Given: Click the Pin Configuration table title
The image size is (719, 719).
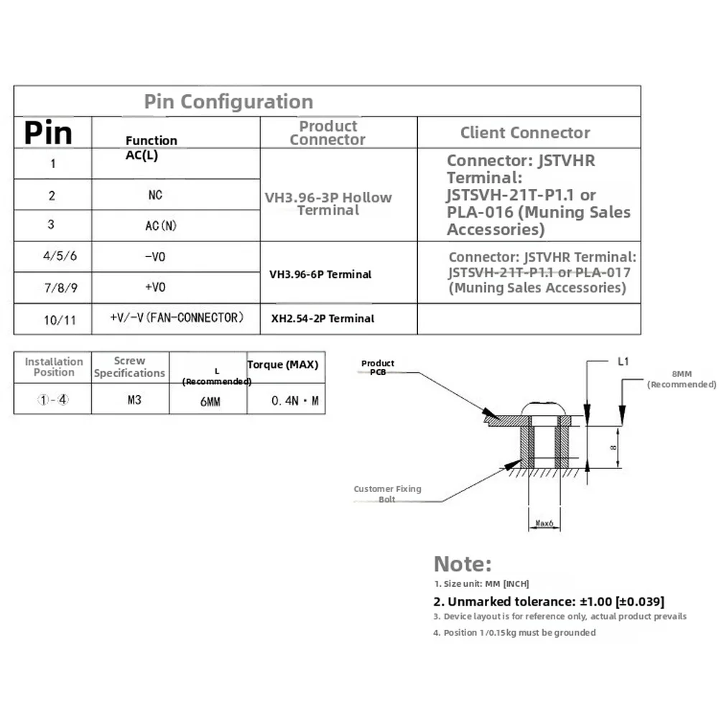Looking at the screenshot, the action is click(228, 102).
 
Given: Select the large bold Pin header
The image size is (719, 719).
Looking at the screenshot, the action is click(48, 133).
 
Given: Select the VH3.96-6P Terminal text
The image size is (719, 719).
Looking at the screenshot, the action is click(320, 274).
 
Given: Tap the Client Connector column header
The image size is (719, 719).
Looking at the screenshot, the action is click(525, 132).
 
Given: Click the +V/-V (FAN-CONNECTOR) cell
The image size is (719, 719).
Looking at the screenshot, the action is click(177, 317).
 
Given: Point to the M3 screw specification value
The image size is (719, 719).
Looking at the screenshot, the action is click(134, 400).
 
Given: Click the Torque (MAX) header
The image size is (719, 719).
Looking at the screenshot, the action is click(282, 365).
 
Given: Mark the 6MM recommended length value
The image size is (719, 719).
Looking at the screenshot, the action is click(210, 402).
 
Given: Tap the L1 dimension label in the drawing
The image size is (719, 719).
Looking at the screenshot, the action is click(623, 362).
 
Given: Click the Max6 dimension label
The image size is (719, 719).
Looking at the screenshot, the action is click(544, 523).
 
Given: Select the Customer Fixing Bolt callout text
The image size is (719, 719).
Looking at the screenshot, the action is click(387, 494).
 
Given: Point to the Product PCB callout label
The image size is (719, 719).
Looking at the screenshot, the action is click(378, 367).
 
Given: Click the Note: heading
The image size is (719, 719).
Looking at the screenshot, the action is click(463, 564).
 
